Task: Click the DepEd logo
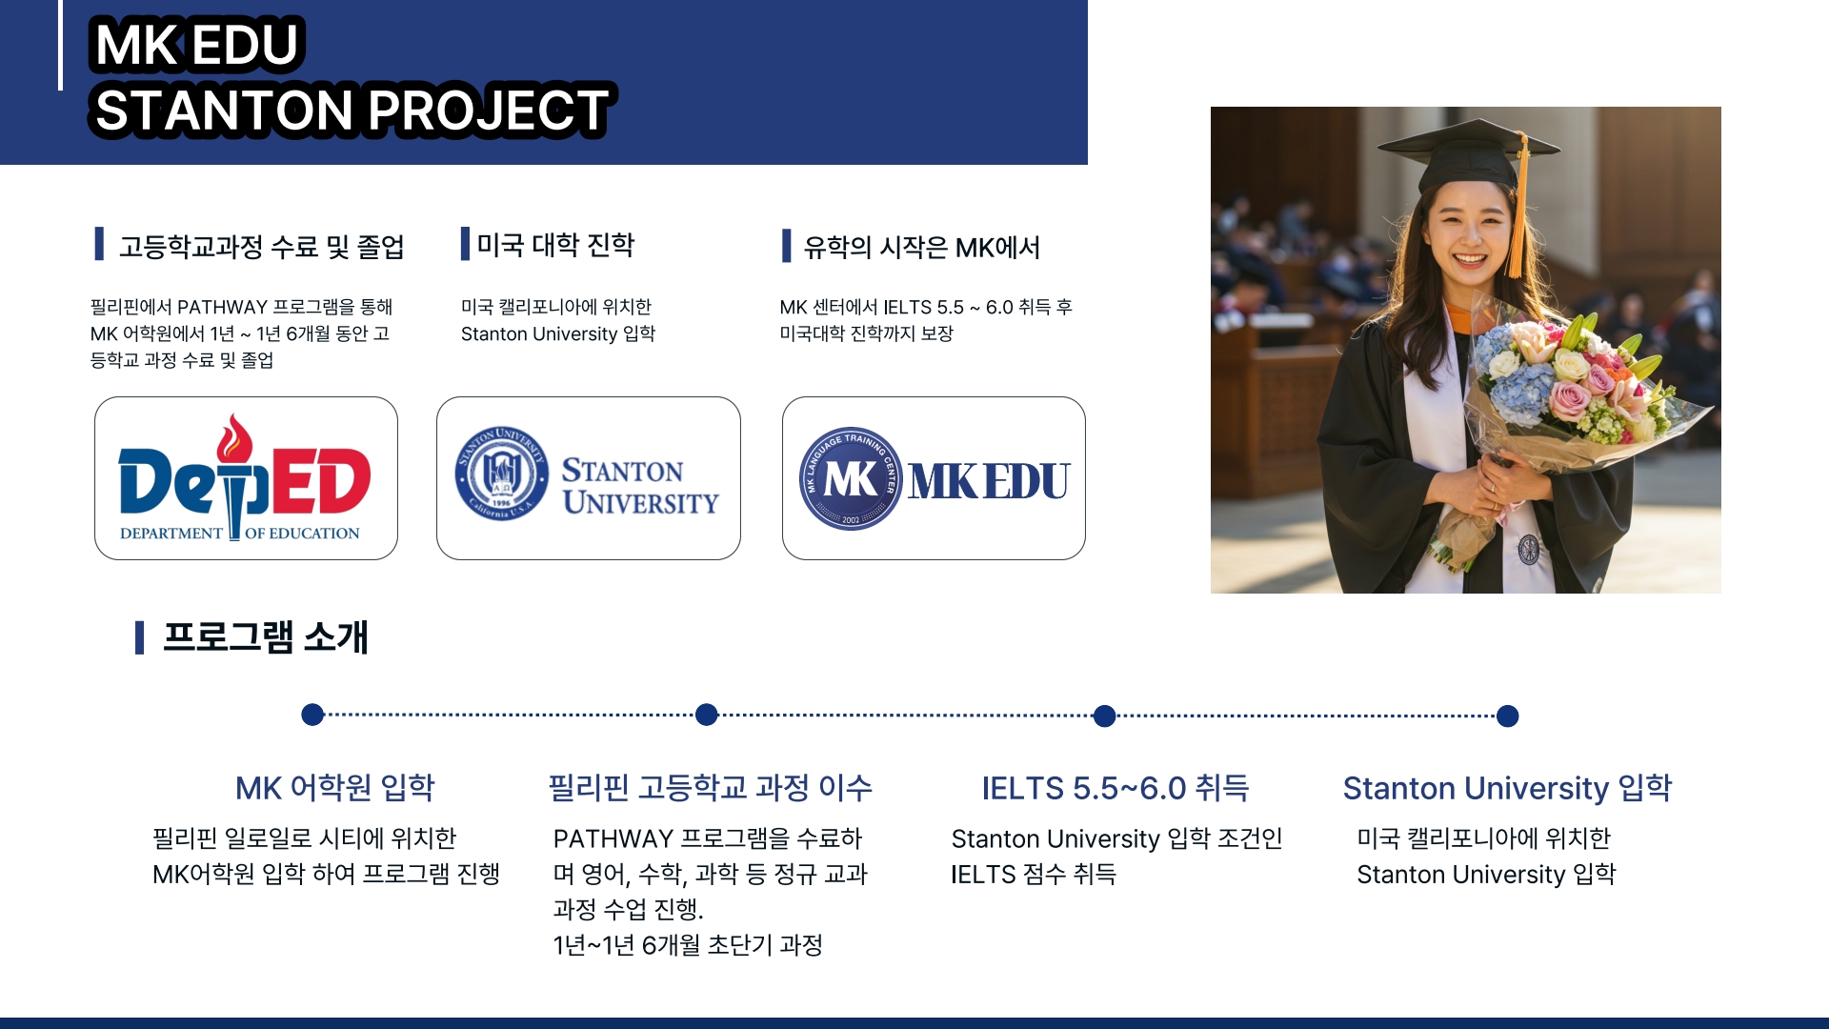pyautogui.click(x=245, y=477)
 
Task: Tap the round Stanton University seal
pyautogui.click(x=501, y=473)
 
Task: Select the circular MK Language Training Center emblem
pyautogui.click(x=851, y=478)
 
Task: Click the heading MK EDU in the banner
pyautogui.click(x=196, y=45)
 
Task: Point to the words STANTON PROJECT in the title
pyautogui.click(x=352, y=110)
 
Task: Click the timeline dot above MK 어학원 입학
pyautogui.click(x=312, y=715)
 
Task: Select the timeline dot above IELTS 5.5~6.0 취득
pyautogui.click(x=1104, y=716)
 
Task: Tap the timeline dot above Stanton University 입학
pyautogui.click(x=1507, y=716)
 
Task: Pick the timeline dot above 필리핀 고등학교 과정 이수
pyautogui.click(x=706, y=715)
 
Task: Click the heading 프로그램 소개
pyautogui.click(x=265, y=637)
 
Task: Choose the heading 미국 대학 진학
pyautogui.click(x=555, y=245)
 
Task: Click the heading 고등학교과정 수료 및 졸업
pyautogui.click(x=261, y=247)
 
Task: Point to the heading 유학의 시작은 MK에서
pyautogui.click(x=921, y=248)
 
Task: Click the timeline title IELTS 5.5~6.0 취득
pyautogui.click(x=1115, y=788)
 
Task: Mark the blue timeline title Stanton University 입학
pyautogui.click(x=1507, y=788)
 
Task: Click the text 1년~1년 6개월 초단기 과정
pyautogui.click(x=687, y=945)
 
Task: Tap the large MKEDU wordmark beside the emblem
pyautogui.click(x=989, y=481)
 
